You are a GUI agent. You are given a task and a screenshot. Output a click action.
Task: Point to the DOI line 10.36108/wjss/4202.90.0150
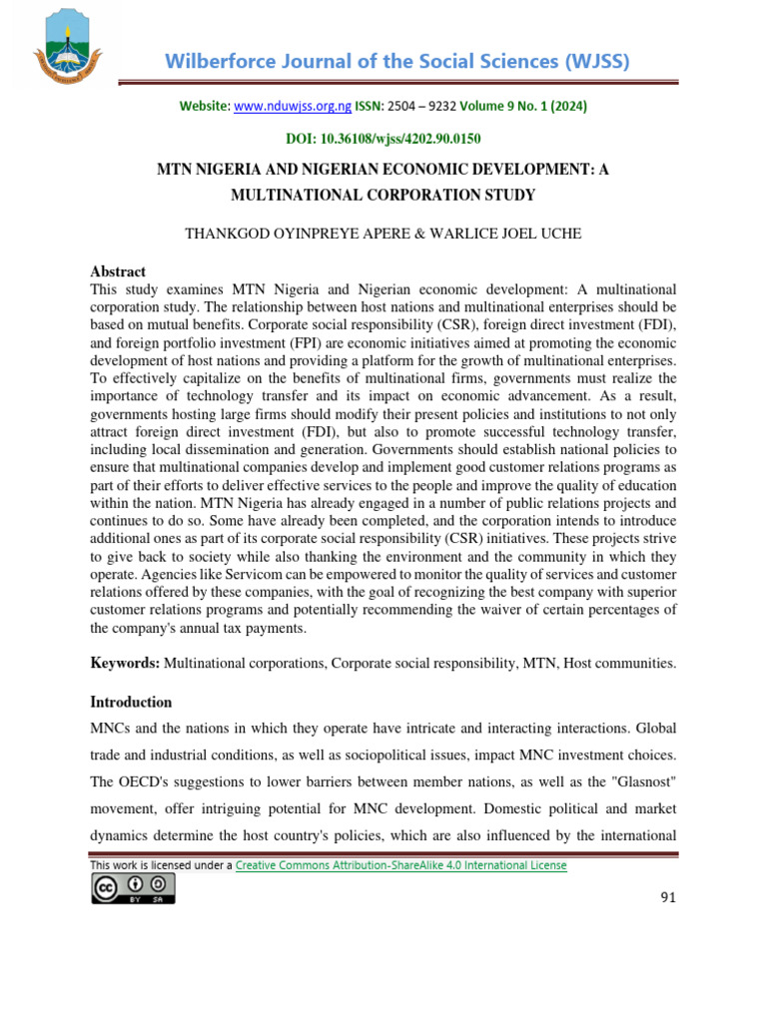click(x=383, y=139)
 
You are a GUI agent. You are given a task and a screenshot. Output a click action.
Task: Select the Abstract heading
click(x=118, y=271)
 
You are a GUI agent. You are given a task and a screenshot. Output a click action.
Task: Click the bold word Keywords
click(x=125, y=663)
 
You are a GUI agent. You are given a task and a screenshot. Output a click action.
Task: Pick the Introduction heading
click(x=131, y=702)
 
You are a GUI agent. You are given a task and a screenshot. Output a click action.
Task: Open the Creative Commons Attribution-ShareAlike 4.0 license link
click(x=400, y=865)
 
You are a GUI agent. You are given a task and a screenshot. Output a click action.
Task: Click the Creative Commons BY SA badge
click(x=133, y=888)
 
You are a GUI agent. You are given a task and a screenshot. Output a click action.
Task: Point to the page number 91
click(x=668, y=897)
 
